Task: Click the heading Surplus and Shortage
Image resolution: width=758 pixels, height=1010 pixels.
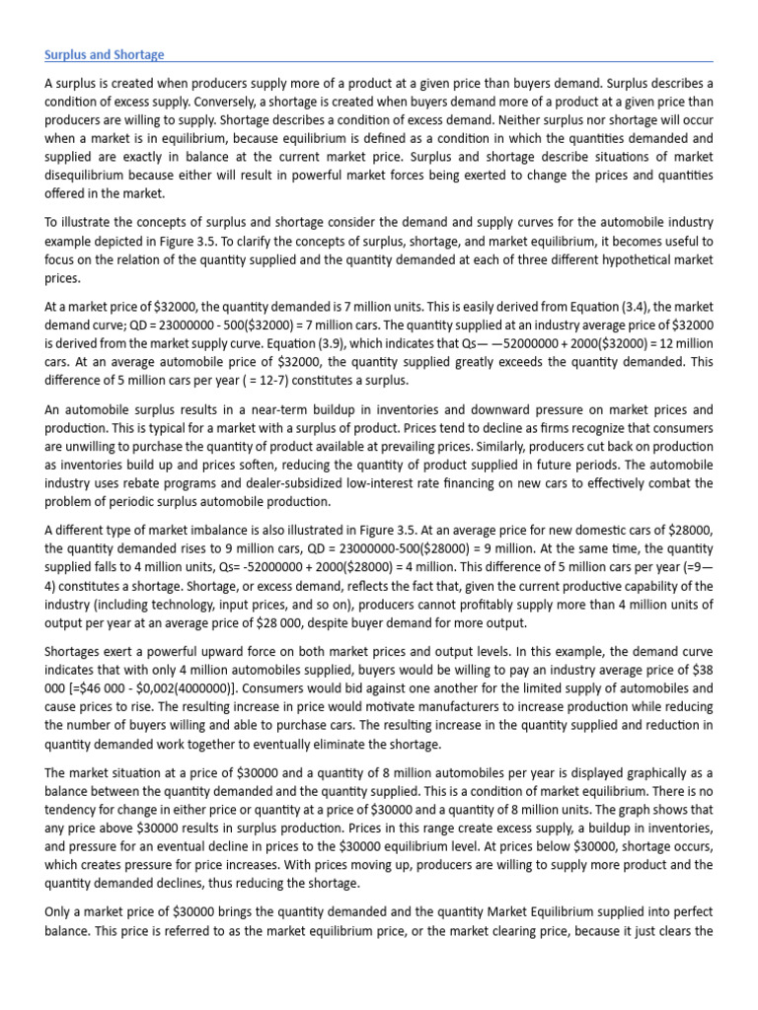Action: tap(104, 55)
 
